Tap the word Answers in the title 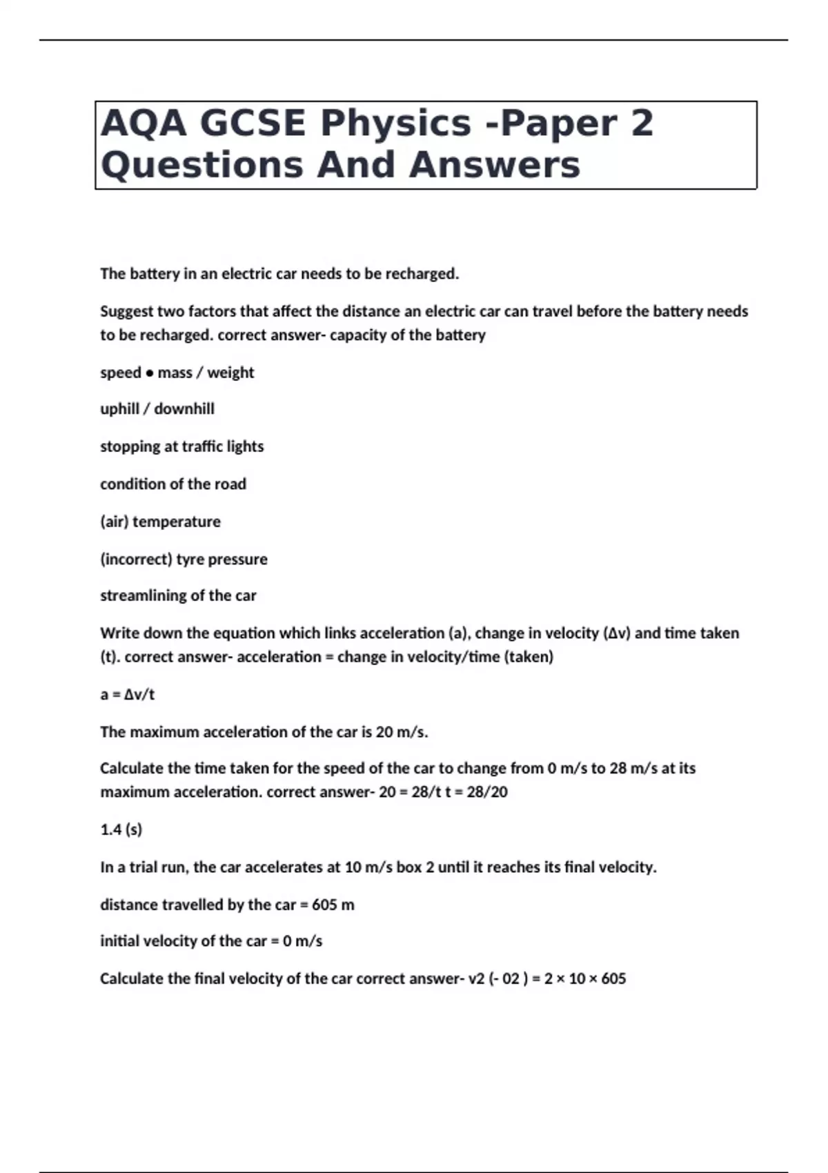click(494, 166)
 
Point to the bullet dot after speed click(149, 373)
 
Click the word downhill click(184, 409)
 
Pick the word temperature click(177, 522)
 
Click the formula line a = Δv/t click(128, 695)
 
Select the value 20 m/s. click(402, 732)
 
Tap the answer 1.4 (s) click(121, 829)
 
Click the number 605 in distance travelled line click(324, 905)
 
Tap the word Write click(118, 633)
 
